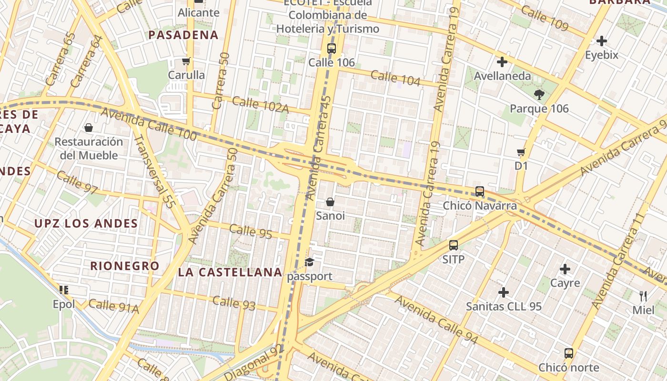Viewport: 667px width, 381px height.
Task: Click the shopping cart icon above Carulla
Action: click(x=186, y=61)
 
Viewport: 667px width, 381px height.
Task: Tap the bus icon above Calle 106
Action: click(x=332, y=48)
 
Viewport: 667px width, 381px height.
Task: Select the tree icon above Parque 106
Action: click(x=539, y=94)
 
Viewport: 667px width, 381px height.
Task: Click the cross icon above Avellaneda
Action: click(x=502, y=62)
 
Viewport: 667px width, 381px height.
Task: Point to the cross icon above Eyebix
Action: click(x=602, y=41)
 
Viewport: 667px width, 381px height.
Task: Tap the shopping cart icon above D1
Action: click(x=521, y=152)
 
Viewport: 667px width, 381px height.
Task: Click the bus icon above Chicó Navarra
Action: click(x=480, y=191)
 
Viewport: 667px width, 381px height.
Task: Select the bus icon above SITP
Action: click(x=454, y=245)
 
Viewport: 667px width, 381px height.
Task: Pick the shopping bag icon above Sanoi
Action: click(x=330, y=202)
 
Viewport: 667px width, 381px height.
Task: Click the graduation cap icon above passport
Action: click(x=310, y=262)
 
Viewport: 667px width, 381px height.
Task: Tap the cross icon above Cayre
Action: click(x=565, y=269)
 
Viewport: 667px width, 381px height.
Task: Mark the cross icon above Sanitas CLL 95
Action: click(x=504, y=292)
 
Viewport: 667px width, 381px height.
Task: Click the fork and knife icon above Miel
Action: click(x=643, y=296)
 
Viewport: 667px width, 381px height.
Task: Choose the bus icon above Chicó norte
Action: click(x=569, y=353)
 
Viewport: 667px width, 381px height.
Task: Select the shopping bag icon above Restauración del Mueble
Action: click(x=89, y=128)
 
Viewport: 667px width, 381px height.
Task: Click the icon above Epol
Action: click(x=64, y=290)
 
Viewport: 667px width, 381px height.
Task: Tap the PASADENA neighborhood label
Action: click(x=183, y=35)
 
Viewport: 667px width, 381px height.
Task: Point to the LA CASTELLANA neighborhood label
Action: click(x=230, y=272)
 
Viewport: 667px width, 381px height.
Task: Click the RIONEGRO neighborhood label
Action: click(x=125, y=266)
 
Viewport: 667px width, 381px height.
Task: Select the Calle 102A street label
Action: click(x=261, y=105)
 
